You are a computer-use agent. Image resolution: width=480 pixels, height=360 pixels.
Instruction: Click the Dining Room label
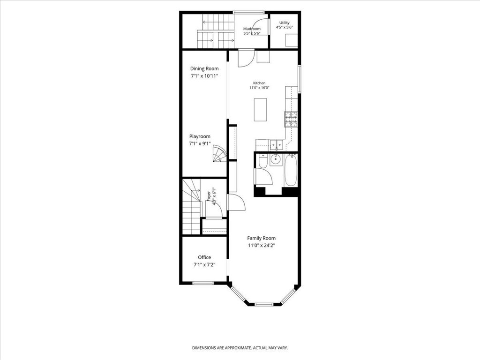(204, 68)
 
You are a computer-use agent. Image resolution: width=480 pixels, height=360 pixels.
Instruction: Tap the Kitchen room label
(259, 83)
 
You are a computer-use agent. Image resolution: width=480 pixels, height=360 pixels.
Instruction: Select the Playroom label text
(200, 136)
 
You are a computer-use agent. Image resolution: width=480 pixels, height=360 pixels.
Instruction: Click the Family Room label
(262, 238)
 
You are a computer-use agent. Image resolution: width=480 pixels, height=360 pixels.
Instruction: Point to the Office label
(204, 257)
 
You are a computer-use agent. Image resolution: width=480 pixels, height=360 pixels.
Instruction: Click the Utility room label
(285, 22)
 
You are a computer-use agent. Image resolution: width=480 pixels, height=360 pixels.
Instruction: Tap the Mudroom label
(252, 29)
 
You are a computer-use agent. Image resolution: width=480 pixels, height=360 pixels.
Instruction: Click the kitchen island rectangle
(261, 109)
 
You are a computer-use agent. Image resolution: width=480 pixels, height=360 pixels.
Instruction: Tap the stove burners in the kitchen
(291, 120)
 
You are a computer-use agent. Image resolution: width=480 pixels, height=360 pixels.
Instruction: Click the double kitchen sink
(277, 144)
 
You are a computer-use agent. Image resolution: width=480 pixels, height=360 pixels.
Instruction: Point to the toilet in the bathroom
(263, 161)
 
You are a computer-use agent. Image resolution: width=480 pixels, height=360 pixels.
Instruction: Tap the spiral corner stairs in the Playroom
(219, 153)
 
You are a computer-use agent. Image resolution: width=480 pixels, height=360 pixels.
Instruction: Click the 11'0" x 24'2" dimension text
(262, 245)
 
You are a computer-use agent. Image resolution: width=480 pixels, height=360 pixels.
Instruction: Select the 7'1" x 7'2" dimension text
(204, 265)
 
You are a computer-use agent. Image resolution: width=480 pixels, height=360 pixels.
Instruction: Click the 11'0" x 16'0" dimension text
(259, 88)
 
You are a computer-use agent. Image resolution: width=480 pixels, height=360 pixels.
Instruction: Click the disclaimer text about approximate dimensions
(240, 348)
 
